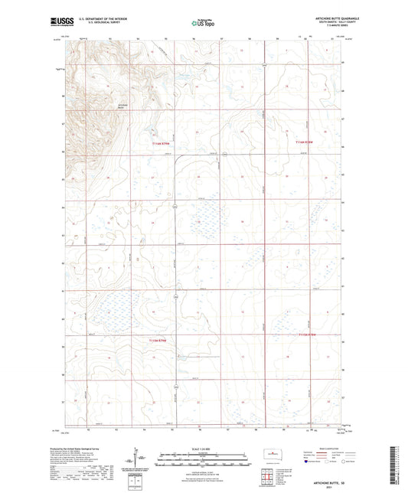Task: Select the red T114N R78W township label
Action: (x=305, y=141)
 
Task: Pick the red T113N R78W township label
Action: (x=304, y=335)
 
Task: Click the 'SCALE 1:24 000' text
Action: (x=203, y=448)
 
